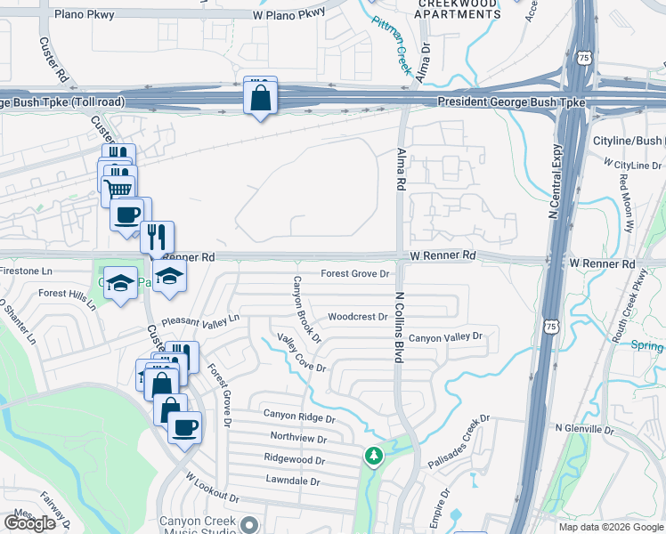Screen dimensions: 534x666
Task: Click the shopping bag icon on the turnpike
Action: point(260,98)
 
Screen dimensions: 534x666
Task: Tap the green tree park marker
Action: point(373,457)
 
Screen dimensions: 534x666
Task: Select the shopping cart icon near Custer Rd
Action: point(120,188)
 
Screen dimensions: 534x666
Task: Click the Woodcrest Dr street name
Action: point(357,317)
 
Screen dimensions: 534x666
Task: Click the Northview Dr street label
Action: point(298,439)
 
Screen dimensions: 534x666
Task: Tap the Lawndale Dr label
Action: point(292,481)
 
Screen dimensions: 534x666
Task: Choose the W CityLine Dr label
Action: point(632,165)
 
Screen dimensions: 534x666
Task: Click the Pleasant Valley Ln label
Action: point(200,320)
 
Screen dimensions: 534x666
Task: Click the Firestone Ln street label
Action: point(27,270)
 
